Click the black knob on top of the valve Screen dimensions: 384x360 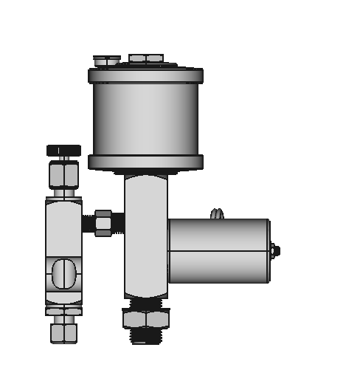coord(63,150)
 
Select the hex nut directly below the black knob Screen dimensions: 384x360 coord(63,175)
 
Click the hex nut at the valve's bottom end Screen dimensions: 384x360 coord(63,332)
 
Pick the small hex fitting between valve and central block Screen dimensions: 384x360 coord(103,222)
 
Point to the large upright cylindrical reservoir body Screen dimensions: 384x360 coord(146,118)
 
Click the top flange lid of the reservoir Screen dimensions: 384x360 coord(146,75)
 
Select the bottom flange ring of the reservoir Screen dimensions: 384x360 coord(146,162)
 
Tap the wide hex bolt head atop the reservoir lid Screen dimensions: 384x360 coord(146,58)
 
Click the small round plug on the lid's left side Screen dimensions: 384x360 coord(106,60)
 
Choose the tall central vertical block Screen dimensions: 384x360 coord(145,236)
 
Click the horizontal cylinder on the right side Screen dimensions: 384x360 coord(218,250)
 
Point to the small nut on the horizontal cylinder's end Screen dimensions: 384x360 coord(274,251)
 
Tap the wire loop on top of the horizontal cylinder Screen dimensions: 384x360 coord(216,213)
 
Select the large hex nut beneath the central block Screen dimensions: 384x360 coord(145,319)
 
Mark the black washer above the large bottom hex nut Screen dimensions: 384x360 coord(145,303)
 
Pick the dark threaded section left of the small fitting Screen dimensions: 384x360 coord(89,222)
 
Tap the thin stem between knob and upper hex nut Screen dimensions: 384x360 coord(64,159)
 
